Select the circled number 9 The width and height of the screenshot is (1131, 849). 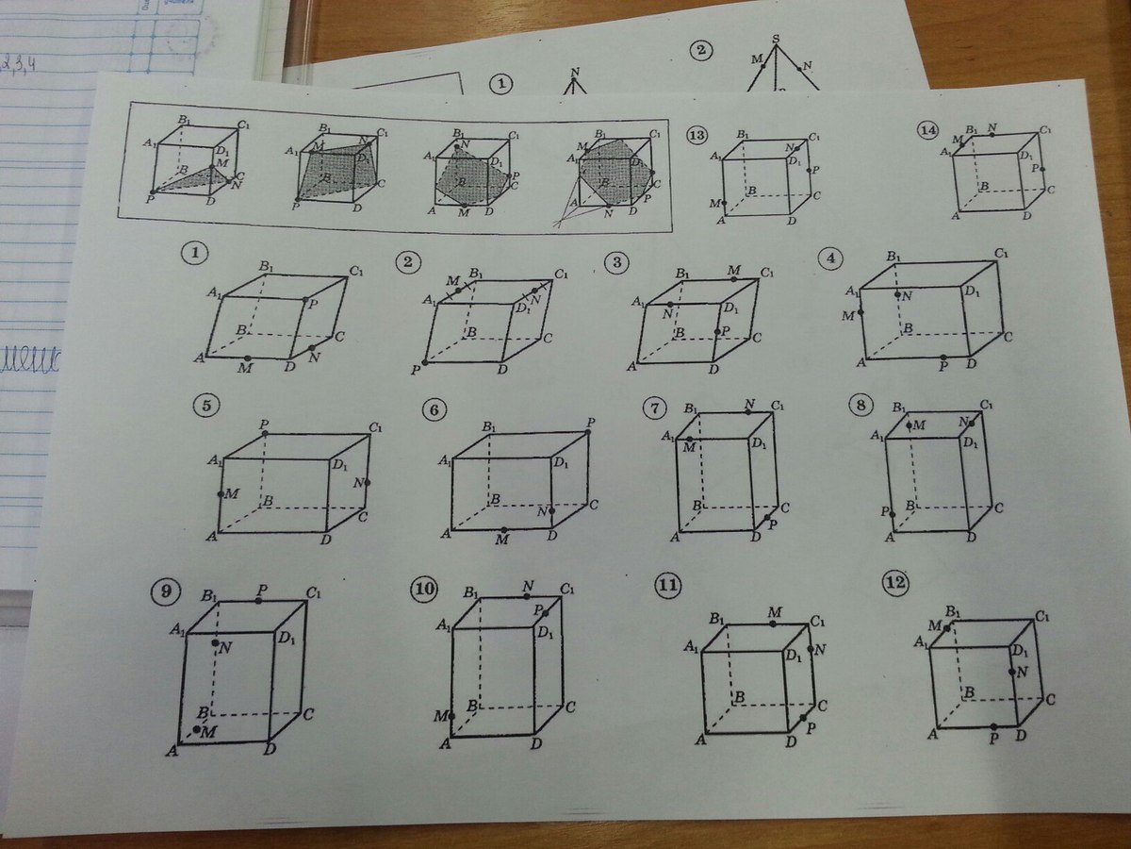[166, 592]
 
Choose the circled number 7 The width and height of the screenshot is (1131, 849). [654, 408]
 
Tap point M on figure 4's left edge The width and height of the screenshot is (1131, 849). [861, 312]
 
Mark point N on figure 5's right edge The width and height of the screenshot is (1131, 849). [367, 482]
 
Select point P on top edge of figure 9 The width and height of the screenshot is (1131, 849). [258, 600]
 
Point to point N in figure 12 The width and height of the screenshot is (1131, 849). [1011, 672]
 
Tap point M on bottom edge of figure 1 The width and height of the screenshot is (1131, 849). [246, 358]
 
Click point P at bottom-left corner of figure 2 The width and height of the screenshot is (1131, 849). [425, 362]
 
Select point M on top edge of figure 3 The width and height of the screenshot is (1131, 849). [733, 278]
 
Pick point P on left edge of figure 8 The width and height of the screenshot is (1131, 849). [890, 512]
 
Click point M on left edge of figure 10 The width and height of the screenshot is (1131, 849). [451, 716]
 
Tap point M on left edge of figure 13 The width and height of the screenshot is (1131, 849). [725, 202]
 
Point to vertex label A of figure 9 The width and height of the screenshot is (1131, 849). [172, 750]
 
